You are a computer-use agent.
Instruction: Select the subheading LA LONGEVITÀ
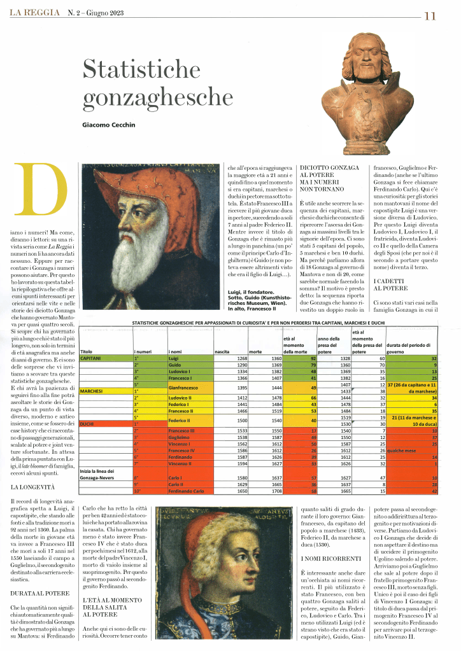tap(32, 487)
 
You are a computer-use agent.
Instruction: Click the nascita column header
tap(222, 351)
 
